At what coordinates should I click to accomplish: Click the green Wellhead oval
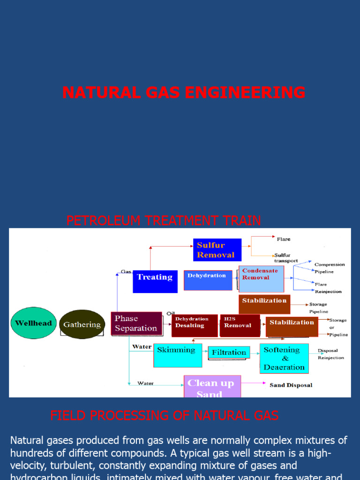[x=33, y=323]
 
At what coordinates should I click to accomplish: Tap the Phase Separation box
[x=136, y=323]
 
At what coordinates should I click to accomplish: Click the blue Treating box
[x=155, y=281]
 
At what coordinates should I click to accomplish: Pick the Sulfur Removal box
[x=217, y=250]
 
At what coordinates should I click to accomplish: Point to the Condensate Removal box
[x=262, y=279]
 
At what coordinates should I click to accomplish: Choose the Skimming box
[x=178, y=355]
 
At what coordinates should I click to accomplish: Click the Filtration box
[x=229, y=352]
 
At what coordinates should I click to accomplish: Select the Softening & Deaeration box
[x=284, y=359]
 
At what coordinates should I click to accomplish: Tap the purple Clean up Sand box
[x=212, y=386]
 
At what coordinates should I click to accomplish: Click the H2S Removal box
[x=240, y=325]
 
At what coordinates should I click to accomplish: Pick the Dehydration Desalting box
[x=195, y=325]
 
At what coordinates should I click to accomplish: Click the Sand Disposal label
[x=291, y=385]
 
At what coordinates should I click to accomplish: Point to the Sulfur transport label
[x=285, y=258]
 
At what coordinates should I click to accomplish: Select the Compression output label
[x=330, y=265]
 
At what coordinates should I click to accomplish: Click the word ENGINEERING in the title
[x=245, y=92]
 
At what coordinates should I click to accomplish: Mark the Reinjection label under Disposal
[x=330, y=358]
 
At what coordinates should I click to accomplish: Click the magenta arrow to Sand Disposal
[x=253, y=383]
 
